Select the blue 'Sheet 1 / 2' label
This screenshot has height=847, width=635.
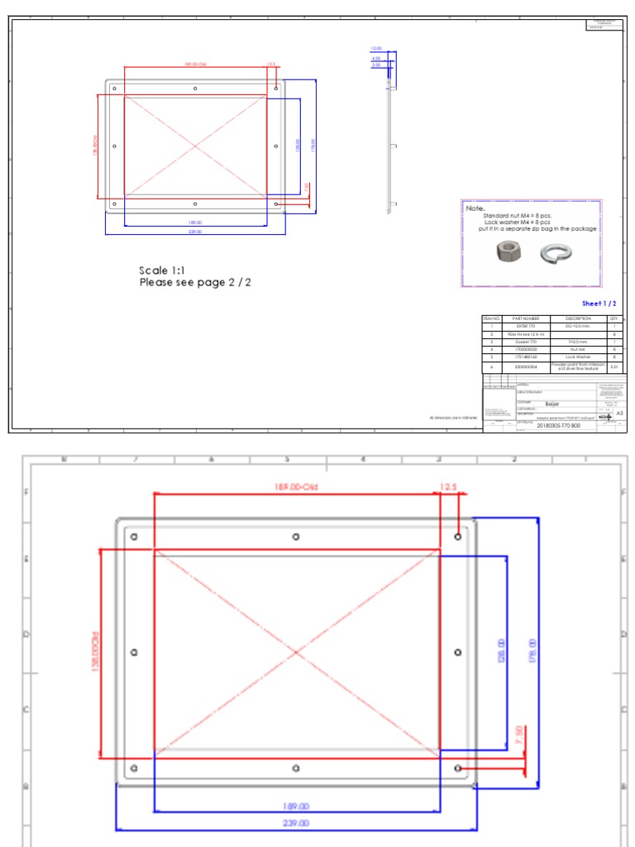[599, 304]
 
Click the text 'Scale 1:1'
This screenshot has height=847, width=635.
[163, 270]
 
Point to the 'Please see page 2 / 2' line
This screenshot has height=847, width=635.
[195, 283]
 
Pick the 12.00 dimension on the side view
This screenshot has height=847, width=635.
[376, 50]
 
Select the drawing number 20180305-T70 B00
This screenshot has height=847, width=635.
[560, 426]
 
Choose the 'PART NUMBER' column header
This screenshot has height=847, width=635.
[526, 318]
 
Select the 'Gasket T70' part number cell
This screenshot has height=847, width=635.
[526, 342]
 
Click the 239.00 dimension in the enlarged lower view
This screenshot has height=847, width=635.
[296, 823]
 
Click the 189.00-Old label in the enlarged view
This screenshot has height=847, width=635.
[297, 487]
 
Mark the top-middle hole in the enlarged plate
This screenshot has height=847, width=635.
[296, 537]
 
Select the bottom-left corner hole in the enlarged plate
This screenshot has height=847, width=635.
[134, 768]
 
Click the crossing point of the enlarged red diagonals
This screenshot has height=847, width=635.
[297, 653]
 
